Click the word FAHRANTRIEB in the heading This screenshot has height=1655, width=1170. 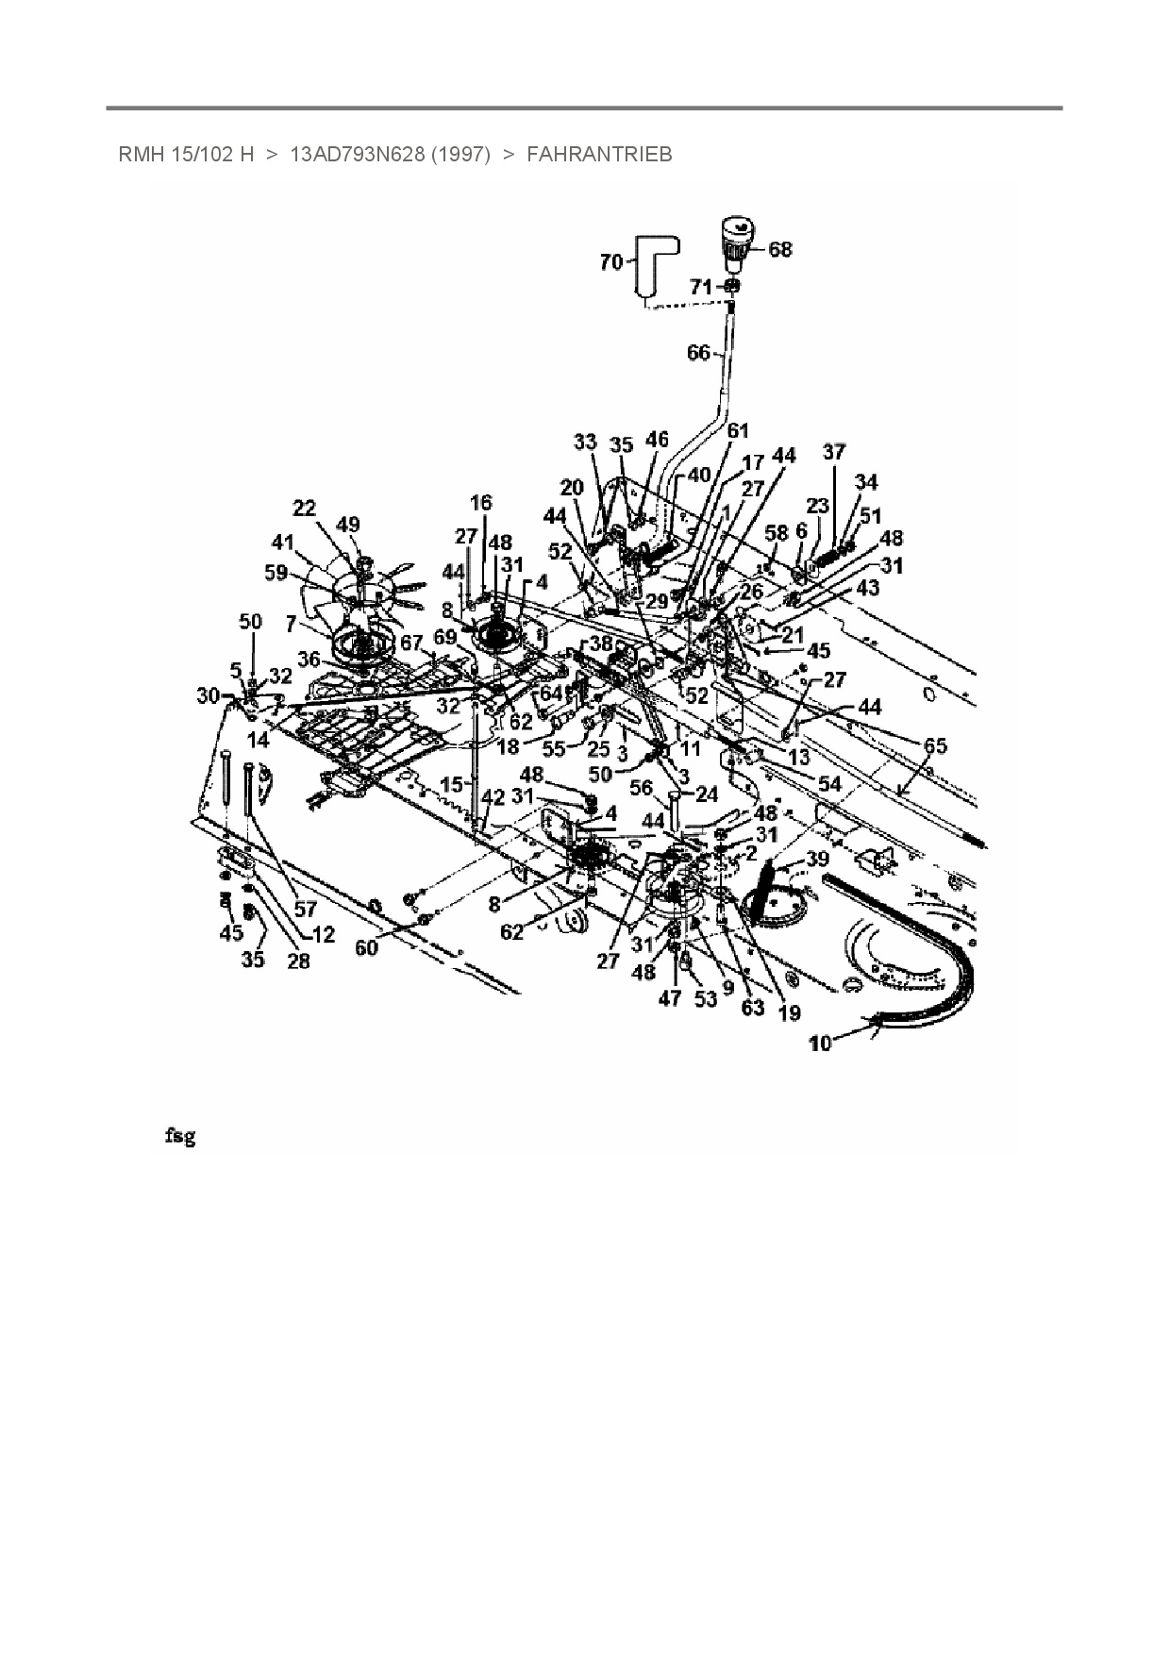599,155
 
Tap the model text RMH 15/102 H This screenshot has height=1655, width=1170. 186,155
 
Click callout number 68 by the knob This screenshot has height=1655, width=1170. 780,249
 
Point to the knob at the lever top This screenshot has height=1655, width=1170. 737,238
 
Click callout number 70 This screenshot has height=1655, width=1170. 611,262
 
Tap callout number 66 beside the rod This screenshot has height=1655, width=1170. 698,353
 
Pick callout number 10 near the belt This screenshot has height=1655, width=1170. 820,1044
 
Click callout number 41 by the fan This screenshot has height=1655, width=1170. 283,543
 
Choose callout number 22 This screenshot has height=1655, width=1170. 304,509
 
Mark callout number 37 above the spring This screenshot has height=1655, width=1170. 834,452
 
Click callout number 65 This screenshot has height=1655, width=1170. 934,745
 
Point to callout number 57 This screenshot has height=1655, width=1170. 305,910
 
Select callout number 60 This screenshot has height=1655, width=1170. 366,946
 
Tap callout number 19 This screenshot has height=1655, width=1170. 789,1013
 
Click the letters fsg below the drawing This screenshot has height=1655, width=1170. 179,1136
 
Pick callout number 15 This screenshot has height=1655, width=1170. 452,785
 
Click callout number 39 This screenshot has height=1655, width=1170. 817,859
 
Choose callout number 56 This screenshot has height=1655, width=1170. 641,789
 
